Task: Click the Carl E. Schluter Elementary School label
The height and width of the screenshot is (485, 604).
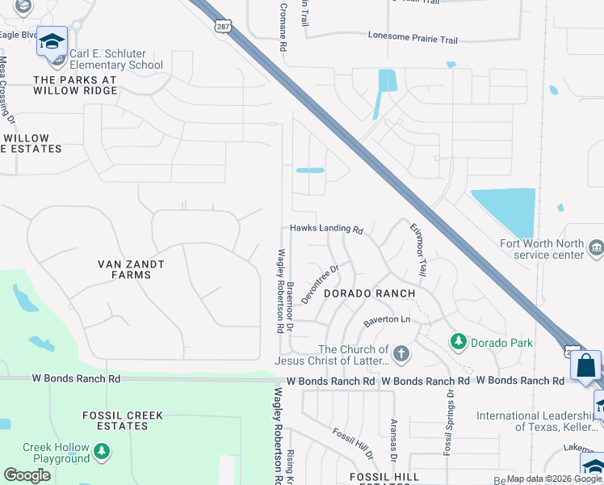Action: [x=115, y=60]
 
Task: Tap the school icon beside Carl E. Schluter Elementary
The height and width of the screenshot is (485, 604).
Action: [x=52, y=42]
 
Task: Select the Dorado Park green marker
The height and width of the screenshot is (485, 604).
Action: [x=459, y=343]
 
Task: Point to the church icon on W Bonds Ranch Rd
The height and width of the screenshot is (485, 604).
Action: [x=401, y=354]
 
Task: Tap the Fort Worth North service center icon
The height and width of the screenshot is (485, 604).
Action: [x=596, y=247]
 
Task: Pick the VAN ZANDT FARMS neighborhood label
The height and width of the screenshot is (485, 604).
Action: [x=131, y=269]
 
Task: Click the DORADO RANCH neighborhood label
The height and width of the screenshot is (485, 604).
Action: [x=370, y=293]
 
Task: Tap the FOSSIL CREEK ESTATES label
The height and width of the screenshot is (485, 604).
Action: [x=123, y=421]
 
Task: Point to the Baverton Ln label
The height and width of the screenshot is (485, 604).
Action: [x=388, y=320]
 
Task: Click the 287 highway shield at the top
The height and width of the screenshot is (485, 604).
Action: [x=224, y=27]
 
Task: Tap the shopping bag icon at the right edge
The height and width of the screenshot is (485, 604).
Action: [x=585, y=365]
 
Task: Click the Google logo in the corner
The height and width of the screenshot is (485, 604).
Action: [x=27, y=474]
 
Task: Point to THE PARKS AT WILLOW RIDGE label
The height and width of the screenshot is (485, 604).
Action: [x=75, y=86]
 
